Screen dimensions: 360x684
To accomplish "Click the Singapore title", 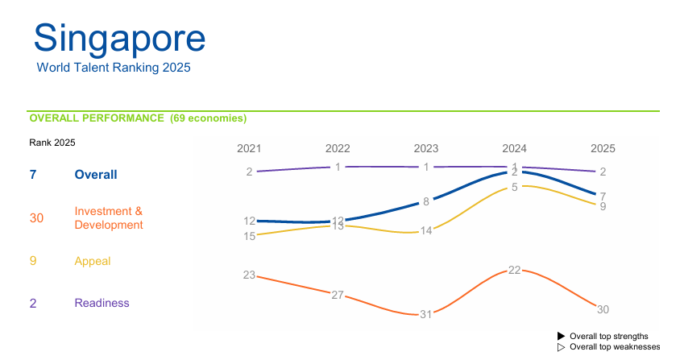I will click(x=119, y=39).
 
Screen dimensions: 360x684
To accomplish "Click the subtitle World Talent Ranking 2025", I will click(x=114, y=68).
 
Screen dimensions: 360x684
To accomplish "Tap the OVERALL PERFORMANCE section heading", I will click(x=138, y=118).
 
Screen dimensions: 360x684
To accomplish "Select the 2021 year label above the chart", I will click(x=249, y=148).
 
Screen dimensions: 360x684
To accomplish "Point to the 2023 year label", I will click(x=426, y=148).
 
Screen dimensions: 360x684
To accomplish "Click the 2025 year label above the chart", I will click(x=603, y=148).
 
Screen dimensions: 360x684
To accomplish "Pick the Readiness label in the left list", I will click(x=102, y=303).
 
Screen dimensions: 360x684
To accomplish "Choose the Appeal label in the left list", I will click(x=92, y=261).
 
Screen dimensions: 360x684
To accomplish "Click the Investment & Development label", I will click(x=108, y=218).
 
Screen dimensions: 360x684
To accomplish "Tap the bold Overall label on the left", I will click(x=95, y=175).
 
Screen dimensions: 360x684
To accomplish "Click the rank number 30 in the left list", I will click(x=36, y=218).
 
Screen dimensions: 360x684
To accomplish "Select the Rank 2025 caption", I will click(x=52, y=143).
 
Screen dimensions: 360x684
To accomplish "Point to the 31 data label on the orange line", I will click(x=426, y=314).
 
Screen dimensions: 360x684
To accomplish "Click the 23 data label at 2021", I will click(x=249, y=275).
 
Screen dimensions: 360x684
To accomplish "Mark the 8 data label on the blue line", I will click(x=426, y=201).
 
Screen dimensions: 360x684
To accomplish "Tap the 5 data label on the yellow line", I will click(x=514, y=188).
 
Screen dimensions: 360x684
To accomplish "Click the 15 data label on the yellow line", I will click(x=249, y=236).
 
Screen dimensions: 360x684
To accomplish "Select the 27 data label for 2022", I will click(x=338, y=295).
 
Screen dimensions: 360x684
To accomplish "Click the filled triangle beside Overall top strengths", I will click(x=562, y=336).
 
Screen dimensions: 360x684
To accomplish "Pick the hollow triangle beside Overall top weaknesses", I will click(x=562, y=347).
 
